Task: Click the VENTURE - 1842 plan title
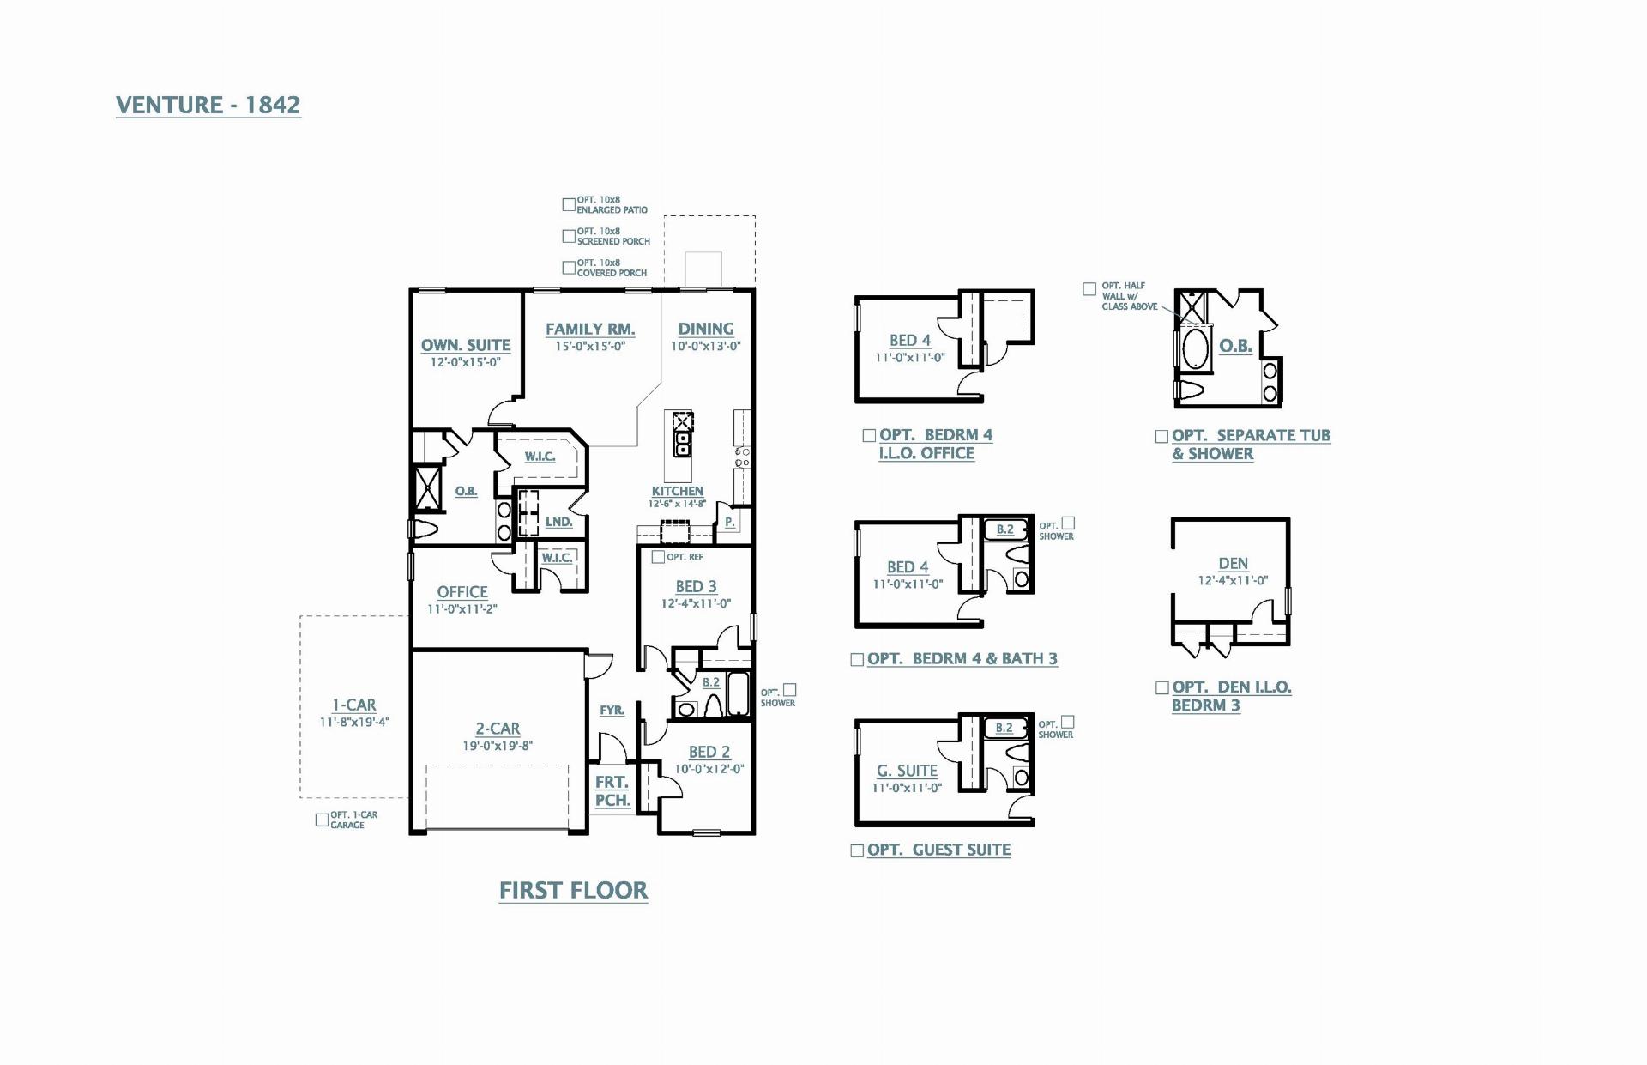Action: (208, 105)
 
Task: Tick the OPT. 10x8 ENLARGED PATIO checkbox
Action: (568, 204)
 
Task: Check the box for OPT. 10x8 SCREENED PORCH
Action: (568, 236)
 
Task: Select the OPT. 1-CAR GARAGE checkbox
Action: (322, 820)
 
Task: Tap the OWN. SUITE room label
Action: (466, 345)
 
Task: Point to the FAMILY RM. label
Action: (590, 329)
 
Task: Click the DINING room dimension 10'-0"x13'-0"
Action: (706, 347)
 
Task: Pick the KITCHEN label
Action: (678, 491)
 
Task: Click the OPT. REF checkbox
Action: (658, 557)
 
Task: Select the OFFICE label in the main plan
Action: (462, 592)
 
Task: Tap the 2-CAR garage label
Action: (498, 729)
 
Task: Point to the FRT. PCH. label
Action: (612, 791)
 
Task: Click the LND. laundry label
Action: (558, 522)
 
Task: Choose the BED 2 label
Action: (709, 752)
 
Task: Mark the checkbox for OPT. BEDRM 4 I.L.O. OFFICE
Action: (869, 436)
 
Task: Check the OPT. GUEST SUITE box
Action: (857, 850)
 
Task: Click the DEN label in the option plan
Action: (1234, 564)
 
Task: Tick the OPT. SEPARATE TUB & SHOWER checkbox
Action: (1161, 437)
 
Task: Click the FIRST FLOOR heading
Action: (574, 891)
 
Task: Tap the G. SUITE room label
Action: (907, 771)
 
